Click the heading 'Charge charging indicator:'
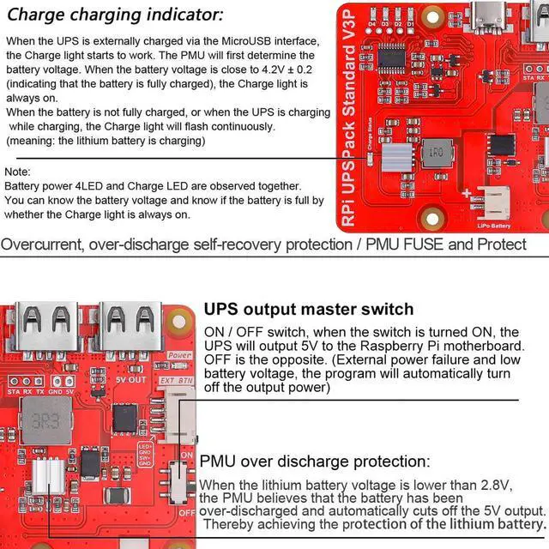116,15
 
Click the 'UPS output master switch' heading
309,309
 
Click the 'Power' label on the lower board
180,354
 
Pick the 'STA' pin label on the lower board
13,390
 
